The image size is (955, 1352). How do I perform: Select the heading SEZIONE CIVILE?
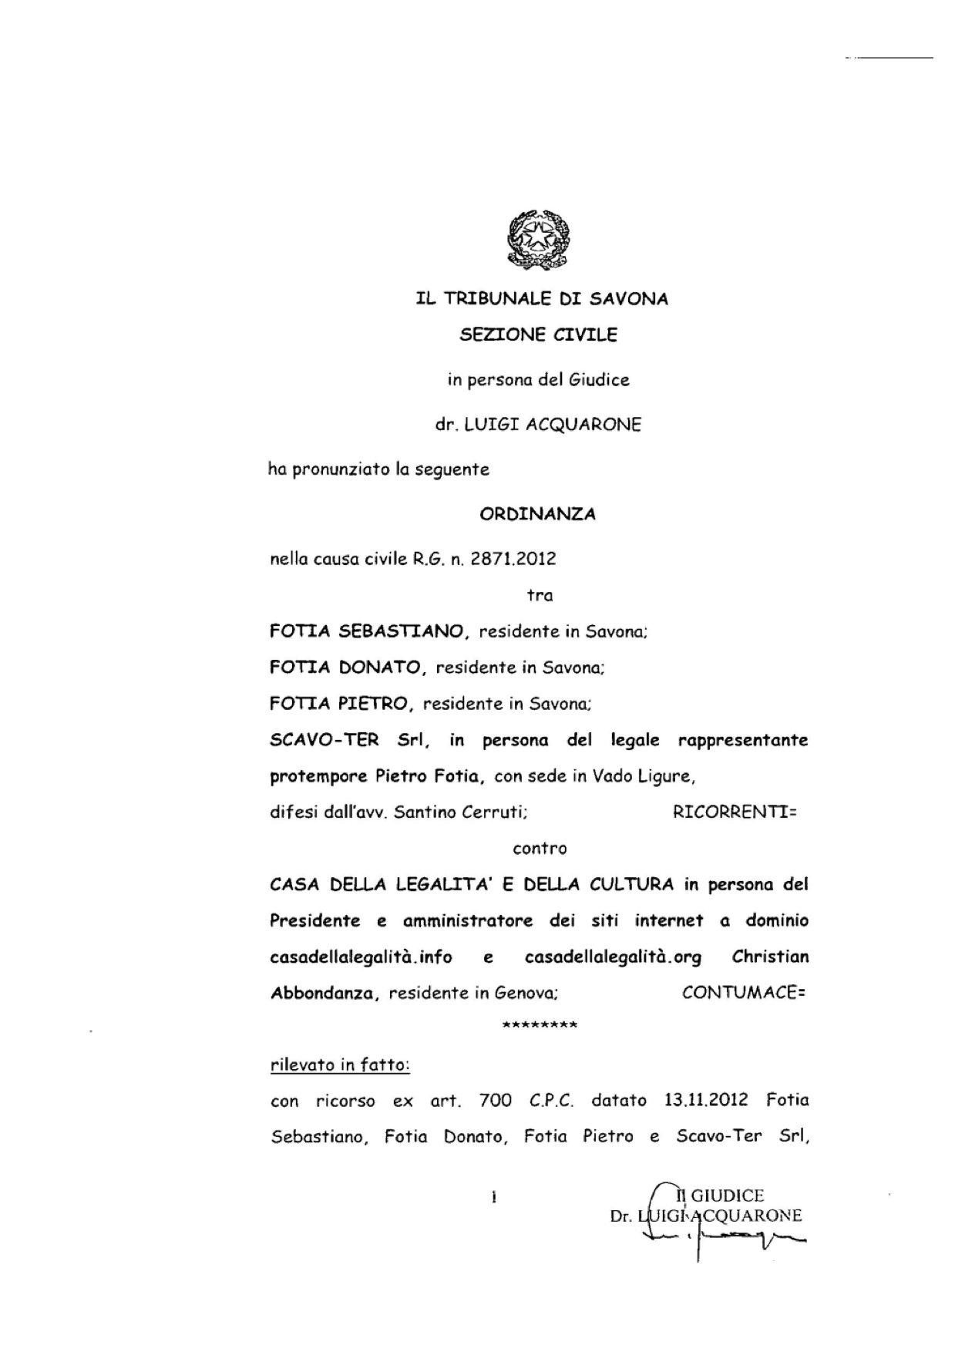click(538, 335)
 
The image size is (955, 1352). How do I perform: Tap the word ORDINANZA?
click(537, 514)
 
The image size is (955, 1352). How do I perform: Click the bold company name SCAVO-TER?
click(324, 740)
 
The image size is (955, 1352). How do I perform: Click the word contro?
click(540, 849)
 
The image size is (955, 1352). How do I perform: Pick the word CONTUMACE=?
click(744, 993)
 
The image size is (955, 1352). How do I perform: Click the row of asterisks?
click(539, 1026)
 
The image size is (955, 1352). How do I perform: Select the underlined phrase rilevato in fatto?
click(340, 1065)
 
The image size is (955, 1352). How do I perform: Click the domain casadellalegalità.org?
click(613, 957)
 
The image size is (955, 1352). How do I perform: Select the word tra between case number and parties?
click(540, 595)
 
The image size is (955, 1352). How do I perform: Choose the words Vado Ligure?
click(643, 776)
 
